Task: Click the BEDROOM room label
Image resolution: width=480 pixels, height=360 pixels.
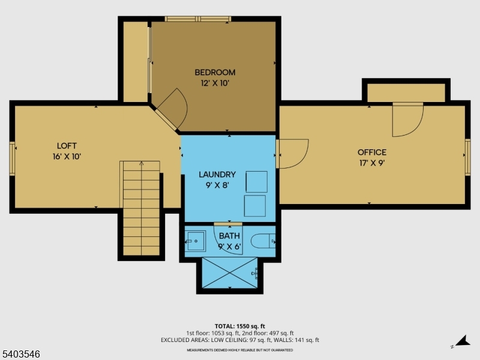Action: click(x=215, y=73)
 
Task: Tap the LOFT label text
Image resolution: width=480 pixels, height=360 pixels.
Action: click(x=67, y=146)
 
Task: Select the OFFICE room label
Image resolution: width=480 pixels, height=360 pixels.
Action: click(x=372, y=152)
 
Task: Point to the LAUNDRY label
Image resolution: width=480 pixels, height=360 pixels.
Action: click(x=217, y=175)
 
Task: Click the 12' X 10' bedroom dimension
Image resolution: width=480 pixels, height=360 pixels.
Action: click(x=215, y=83)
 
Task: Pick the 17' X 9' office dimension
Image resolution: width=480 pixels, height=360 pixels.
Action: click(x=372, y=163)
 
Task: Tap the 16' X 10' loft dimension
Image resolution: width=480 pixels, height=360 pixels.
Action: click(x=67, y=157)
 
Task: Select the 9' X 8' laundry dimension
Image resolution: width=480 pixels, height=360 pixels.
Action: click(x=217, y=185)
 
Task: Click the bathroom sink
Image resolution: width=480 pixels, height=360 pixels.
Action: click(x=196, y=241)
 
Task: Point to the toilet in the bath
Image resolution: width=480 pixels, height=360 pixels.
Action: click(x=263, y=241)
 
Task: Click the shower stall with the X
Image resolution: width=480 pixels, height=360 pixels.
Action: click(x=230, y=273)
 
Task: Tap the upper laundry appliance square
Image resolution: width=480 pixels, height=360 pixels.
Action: click(x=257, y=182)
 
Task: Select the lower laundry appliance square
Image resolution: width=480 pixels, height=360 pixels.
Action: click(x=254, y=206)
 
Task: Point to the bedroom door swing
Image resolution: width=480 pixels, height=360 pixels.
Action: click(x=182, y=108)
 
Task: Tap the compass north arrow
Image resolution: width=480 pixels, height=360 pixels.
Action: click(x=462, y=341)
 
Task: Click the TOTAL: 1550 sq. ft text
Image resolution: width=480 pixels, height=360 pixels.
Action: click(x=239, y=326)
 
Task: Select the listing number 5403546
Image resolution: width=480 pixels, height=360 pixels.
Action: click(x=20, y=354)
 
